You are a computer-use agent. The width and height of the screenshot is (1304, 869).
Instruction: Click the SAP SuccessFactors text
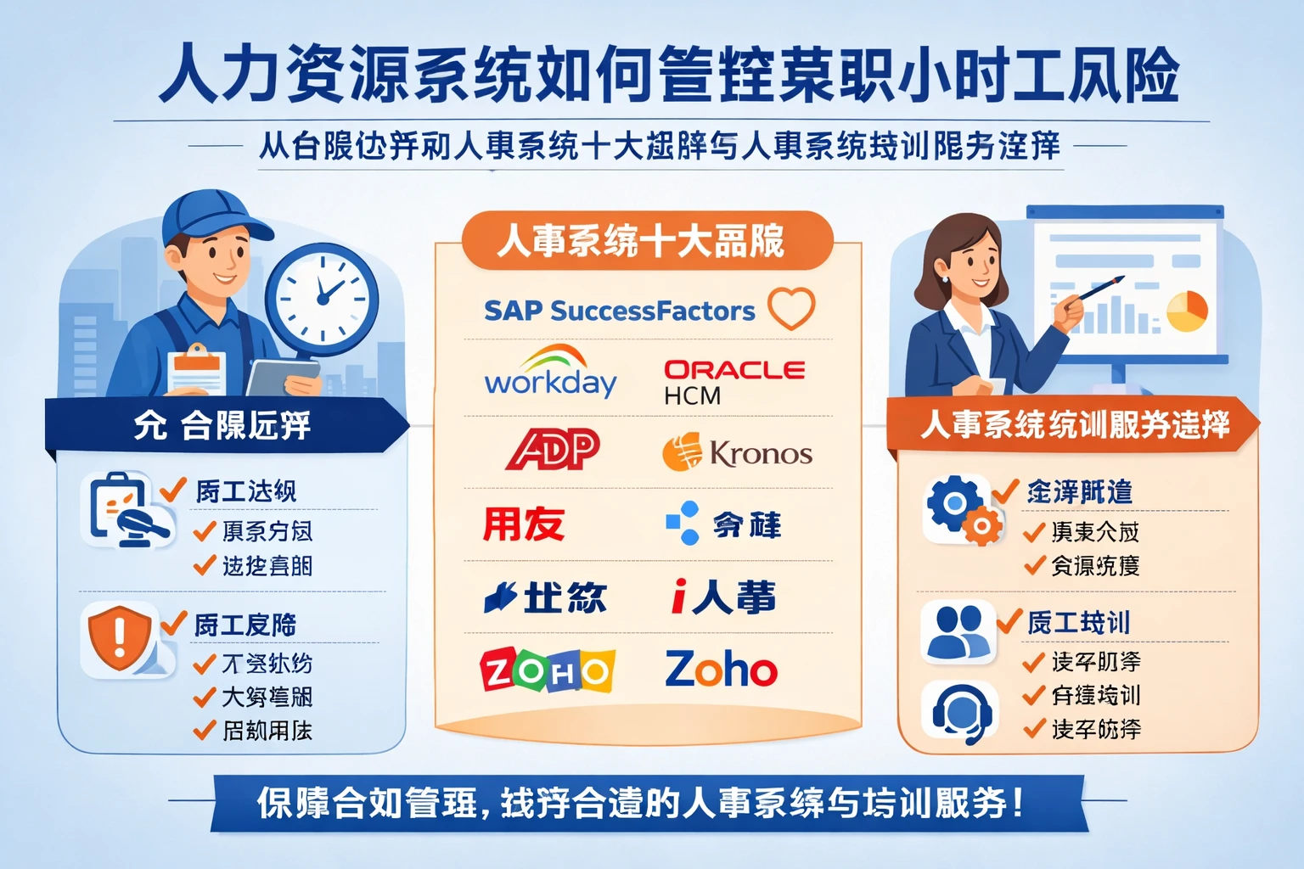tap(619, 311)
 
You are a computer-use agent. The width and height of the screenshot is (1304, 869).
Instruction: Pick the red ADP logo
tap(554, 449)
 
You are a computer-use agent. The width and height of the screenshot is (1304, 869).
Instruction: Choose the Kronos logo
tap(737, 452)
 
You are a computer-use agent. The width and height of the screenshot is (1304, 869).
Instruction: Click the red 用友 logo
tap(524, 524)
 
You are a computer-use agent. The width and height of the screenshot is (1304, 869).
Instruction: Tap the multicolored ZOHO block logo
tap(547, 671)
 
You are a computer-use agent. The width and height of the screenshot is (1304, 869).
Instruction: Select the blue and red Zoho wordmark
tap(721, 670)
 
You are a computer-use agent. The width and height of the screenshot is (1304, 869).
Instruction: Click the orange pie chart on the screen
tap(1187, 311)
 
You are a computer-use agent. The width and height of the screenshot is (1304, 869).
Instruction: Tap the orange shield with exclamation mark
tap(120, 636)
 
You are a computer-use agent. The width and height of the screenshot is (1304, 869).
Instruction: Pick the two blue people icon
tap(958, 632)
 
